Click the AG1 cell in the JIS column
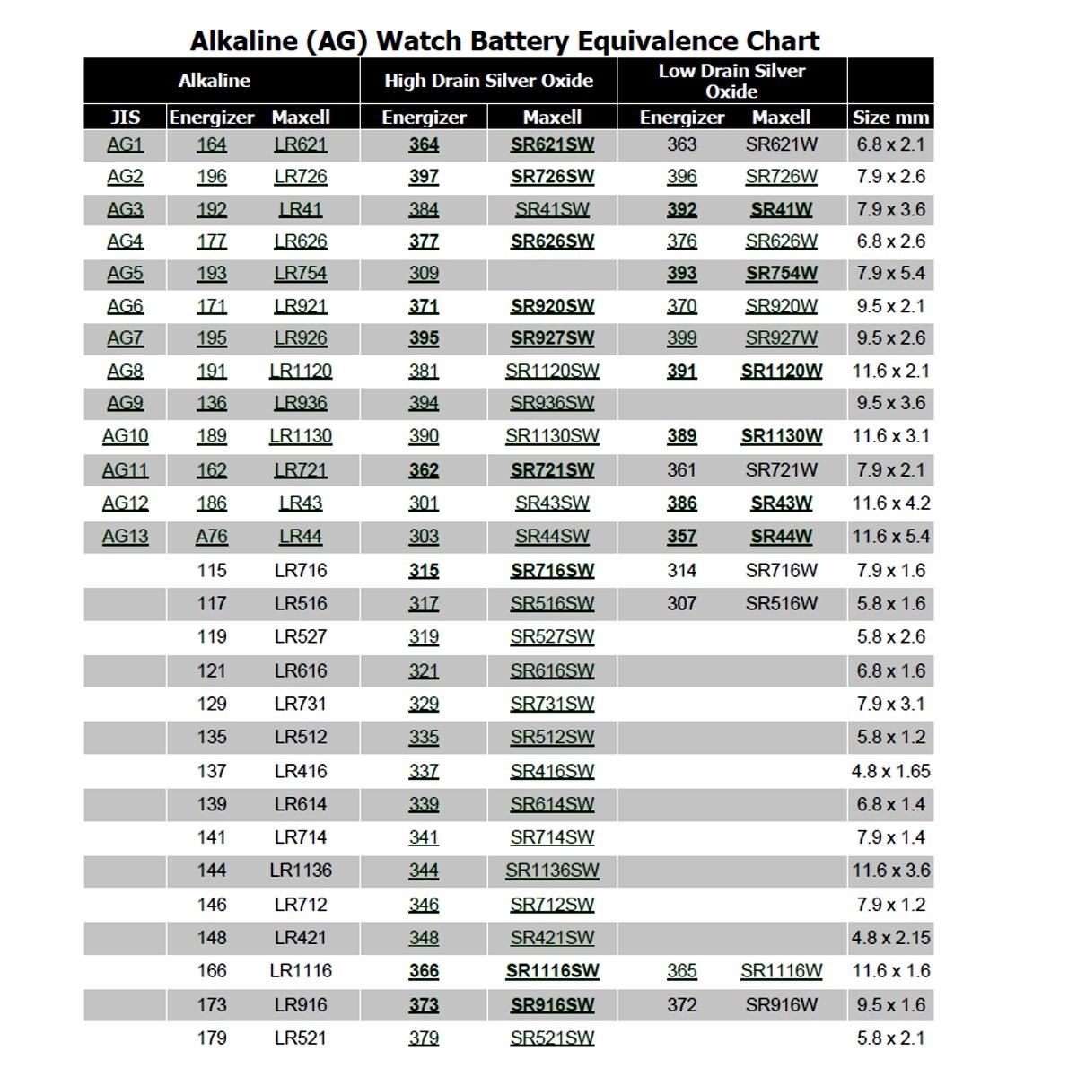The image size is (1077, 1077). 125,144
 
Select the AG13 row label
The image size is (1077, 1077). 125,537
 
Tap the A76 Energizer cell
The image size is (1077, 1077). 212,537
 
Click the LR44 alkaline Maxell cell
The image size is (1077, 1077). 301,537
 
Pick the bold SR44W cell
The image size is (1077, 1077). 781,537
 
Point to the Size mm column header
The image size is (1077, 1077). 890,118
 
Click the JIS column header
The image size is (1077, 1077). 125,118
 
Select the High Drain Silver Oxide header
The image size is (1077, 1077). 488,81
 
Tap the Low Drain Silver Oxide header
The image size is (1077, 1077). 731,81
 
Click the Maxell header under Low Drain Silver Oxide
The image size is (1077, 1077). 781,118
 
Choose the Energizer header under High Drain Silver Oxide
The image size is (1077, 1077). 424,118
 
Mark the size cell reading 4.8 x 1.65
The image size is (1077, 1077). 890,771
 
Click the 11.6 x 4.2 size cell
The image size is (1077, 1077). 890,503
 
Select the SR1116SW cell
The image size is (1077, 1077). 552,971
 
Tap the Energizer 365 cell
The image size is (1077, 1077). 682,971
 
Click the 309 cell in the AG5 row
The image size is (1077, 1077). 424,274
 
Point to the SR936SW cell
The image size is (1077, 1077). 552,403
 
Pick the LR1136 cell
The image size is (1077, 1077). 301,871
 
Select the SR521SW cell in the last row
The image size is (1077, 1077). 552,1038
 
